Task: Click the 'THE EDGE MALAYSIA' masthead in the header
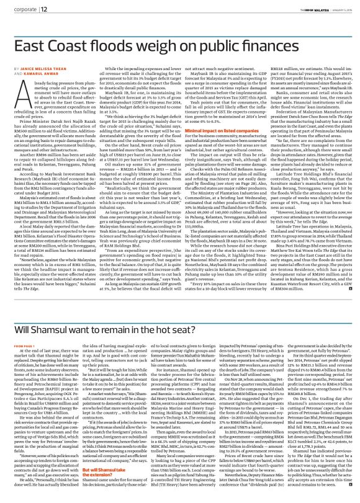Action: point(301,7)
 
